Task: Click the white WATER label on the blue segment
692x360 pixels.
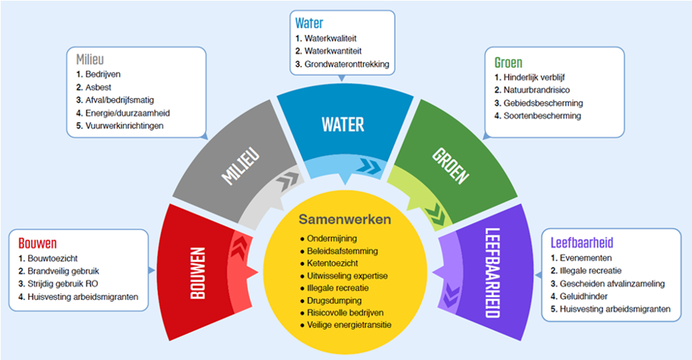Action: [x=343, y=125]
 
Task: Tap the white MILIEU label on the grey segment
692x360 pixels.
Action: [x=241, y=166]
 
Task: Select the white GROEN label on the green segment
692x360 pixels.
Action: [x=450, y=166]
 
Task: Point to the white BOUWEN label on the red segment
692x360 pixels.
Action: [x=198, y=273]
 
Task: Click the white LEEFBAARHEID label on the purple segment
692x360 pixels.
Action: [x=492, y=273]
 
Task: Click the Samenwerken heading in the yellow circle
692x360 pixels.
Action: [x=345, y=219]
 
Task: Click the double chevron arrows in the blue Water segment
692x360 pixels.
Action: [x=368, y=167]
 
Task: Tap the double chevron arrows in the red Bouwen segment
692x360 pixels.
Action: [x=239, y=246]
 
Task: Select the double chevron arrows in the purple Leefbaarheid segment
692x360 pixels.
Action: [x=450, y=295]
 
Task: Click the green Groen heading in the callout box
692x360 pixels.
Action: [x=508, y=62]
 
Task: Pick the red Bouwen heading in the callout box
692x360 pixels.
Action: [x=37, y=243]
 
